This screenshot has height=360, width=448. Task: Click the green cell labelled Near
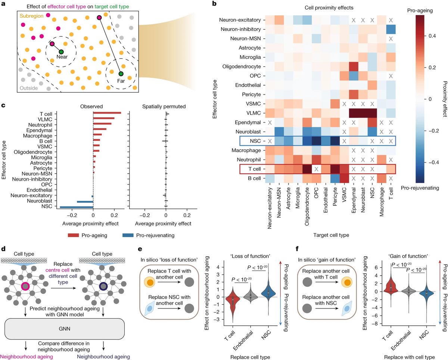coord(61,52)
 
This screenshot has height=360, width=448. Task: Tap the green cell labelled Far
coord(121,74)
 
